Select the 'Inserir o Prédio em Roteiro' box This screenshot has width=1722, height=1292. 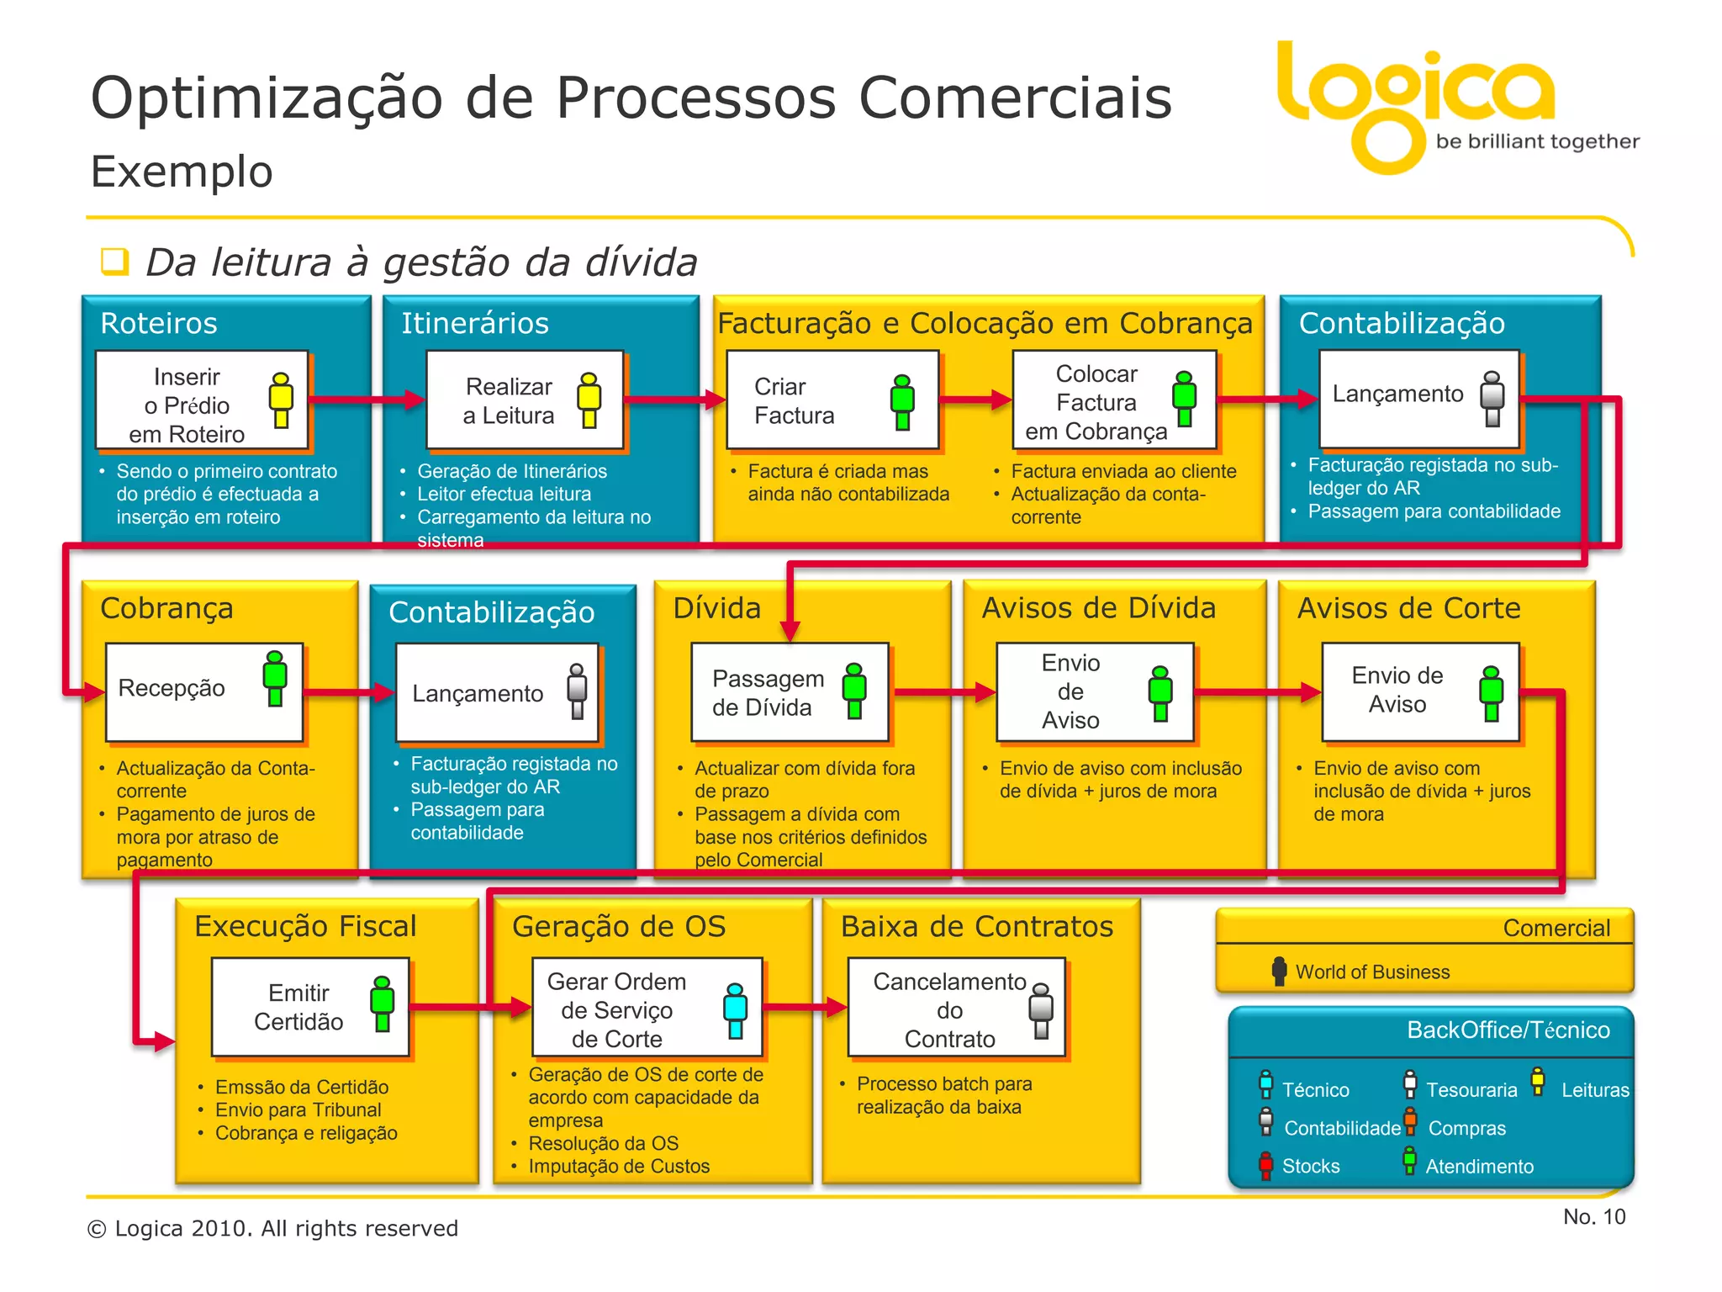coord(202,400)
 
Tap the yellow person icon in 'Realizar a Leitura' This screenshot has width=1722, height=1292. coord(589,400)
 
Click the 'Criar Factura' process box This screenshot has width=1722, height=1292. coord(831,400)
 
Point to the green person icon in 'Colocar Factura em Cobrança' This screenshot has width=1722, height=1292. coord(1184,399)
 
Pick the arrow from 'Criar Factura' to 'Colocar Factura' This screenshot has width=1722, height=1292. coord(975,400)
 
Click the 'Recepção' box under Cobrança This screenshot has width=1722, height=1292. coord(203,691)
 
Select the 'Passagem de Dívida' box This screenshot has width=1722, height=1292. coord(789,691)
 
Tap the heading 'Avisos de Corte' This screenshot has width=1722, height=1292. coord(1408,608)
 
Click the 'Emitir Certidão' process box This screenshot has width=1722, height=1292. coord(309,1007)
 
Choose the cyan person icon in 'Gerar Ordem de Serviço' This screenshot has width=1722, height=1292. coord(735,1010)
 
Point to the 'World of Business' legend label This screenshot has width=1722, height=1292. coord(1372,972)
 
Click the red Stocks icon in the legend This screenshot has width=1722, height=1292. coord(1265,1166)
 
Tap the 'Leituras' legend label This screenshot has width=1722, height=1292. coord(1595,1090)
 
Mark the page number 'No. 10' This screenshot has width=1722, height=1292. coord(1593,1217)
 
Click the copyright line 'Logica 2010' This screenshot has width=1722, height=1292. coord(273,1229)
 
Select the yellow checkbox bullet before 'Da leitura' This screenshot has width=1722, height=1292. coord(114,262)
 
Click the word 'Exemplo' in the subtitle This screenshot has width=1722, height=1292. coord(182,172)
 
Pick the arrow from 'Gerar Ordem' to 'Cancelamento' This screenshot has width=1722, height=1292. coord(806,1007)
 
